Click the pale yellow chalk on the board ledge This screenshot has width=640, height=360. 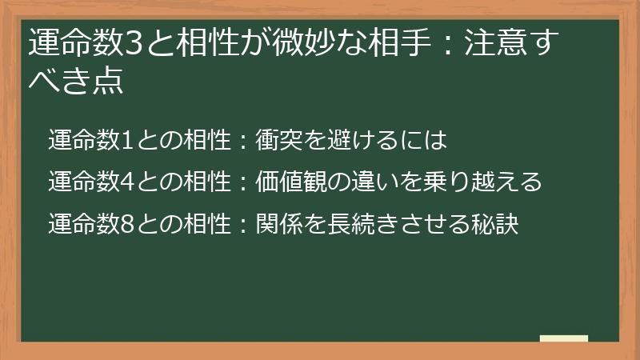564,338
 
